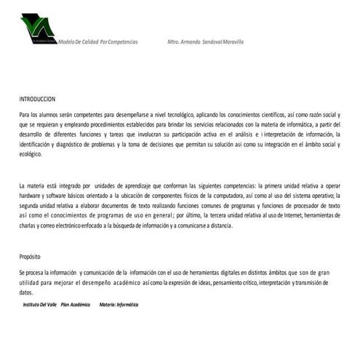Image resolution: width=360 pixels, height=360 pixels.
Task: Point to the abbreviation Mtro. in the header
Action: (x=174, y=41)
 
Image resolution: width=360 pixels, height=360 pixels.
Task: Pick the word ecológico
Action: (x=33, y=153)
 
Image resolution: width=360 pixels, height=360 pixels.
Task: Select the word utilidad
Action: (x=33, y=281)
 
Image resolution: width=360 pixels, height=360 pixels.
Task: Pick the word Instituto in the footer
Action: (x=34, y=304)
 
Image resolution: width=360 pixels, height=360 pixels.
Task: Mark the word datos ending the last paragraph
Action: (x=27, y=291)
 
